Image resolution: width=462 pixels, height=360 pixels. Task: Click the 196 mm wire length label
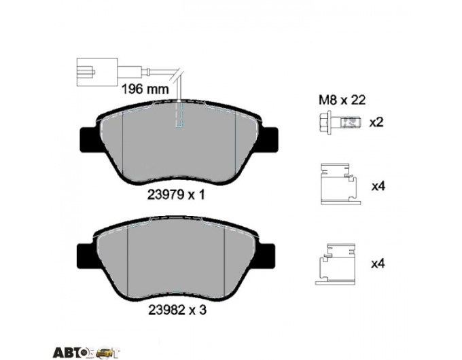pos(145,88)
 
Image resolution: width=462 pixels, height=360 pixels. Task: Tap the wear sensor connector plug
pos(97,73)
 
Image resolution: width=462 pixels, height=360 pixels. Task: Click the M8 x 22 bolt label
pos(342,100)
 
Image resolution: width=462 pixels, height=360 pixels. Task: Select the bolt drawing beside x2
pos(340,122)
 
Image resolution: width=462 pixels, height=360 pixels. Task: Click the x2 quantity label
pos(376,122)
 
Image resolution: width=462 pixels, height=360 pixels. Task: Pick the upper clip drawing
pos(340,184)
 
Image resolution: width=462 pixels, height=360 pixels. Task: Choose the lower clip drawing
pos(336,264)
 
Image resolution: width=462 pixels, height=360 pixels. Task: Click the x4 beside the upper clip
pos(378,186)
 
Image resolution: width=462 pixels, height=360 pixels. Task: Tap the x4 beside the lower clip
pos(378,264)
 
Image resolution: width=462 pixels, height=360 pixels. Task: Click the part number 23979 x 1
pos(175,195)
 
